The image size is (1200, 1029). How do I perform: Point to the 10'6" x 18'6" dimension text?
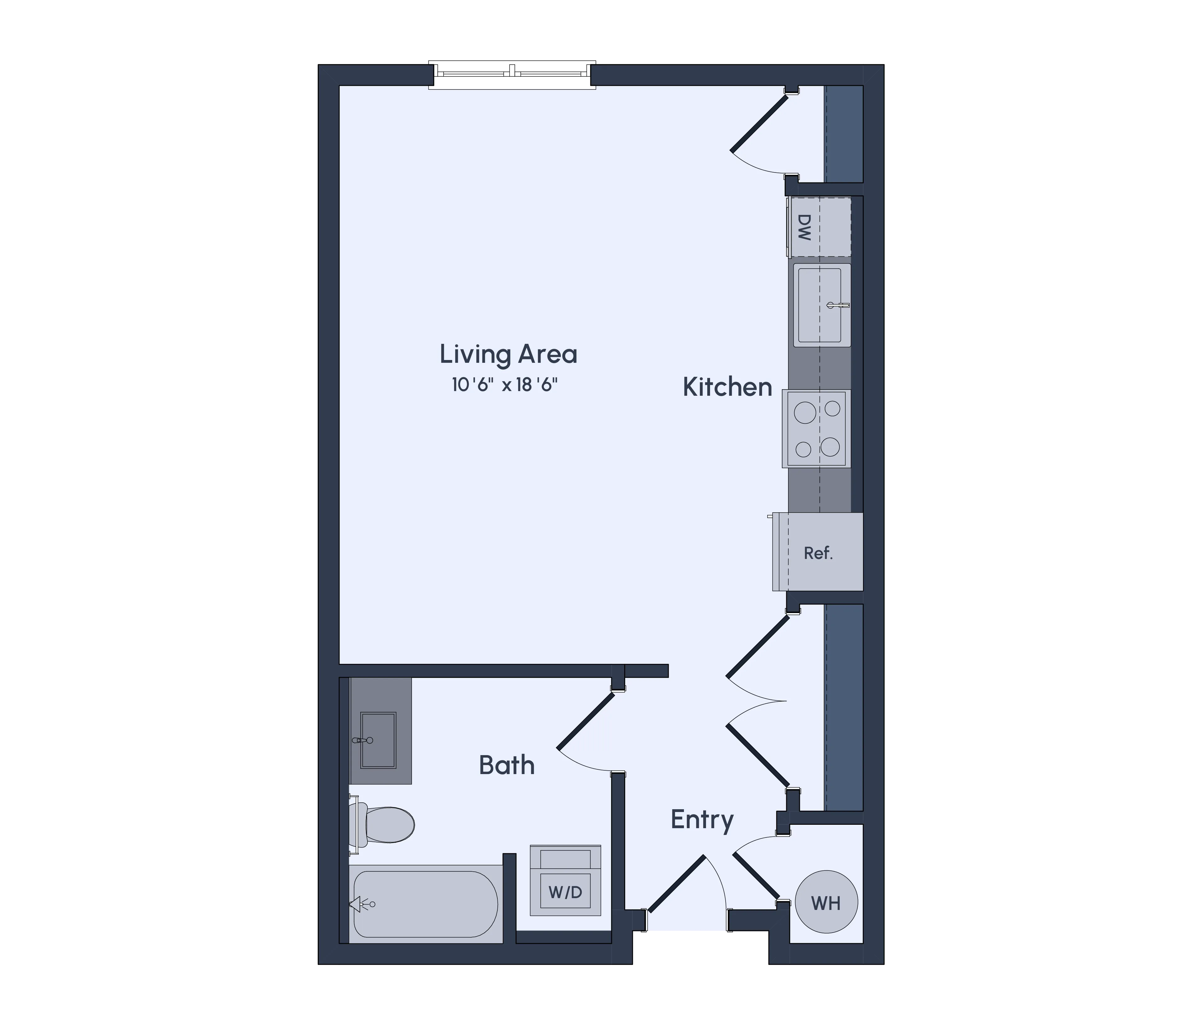(x=505, y=385)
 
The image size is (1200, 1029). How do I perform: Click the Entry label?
(x=702, y=820)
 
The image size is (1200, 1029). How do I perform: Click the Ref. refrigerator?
(x=818, y=553)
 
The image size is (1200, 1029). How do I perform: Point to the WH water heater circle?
(x=826, y=902)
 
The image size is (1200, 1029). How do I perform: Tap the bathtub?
(x=426, y=904)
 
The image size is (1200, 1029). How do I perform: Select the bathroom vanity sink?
(x=378, y=741)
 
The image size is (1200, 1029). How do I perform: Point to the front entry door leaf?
(x=676, y=891)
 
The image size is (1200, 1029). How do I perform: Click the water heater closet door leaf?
(x=756, y=875)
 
